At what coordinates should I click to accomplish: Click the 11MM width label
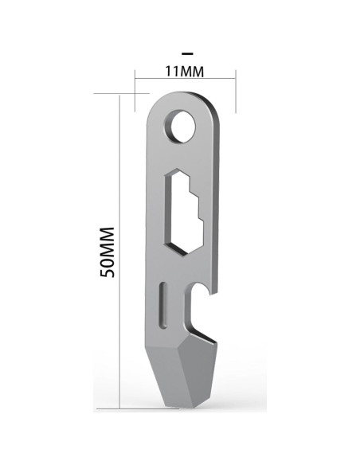tap(185, 71)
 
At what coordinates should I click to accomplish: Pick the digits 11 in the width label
tap(170, 71)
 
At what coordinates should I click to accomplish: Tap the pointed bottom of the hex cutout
tap(182, 253)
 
